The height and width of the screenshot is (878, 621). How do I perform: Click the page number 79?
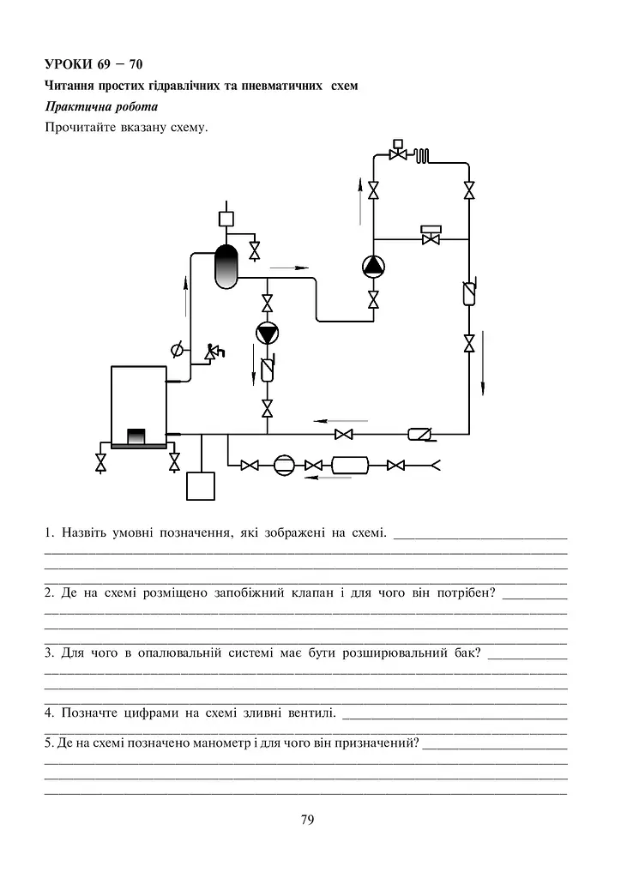(x=307, y=820)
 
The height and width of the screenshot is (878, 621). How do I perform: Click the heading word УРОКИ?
(x=69, y=64)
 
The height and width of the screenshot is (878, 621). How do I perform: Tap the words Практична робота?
(x=101, y=106)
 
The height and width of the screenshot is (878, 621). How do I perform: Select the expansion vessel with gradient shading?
(x=226, y=267)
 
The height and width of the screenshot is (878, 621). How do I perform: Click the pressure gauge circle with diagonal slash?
(x=177, y=351)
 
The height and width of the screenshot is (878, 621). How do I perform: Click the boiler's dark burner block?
(x=136, y=436)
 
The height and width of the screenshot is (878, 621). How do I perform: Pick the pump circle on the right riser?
(x=373, y=268)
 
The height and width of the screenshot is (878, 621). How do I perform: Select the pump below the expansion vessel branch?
(x=267, y=334)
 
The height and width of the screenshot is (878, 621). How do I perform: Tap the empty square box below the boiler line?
(x=201, y=485)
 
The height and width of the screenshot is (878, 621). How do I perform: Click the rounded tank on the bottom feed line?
(x=351, y=465)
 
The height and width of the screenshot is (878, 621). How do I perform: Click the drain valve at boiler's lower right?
(x=175, y=463)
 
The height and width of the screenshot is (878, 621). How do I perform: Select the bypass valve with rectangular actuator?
(x=431, y=235)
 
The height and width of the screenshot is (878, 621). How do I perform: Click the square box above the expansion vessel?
(x=226, y=218)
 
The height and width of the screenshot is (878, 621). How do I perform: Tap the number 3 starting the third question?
(x=48, y=652)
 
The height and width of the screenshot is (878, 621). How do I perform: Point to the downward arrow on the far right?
(x=483, y=363)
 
